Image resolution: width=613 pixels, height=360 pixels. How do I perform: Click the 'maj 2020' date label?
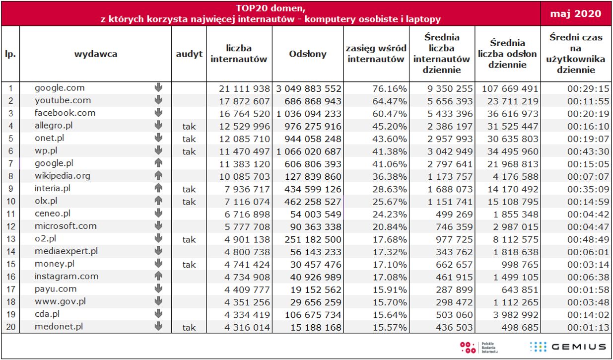coord(576,13)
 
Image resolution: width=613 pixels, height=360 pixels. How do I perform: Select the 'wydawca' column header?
coord(96,54)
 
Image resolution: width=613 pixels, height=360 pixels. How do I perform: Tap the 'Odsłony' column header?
coord(308,54)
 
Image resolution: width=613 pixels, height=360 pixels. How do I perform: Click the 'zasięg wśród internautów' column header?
coord(376,54)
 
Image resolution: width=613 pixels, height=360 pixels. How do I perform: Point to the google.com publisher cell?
coord(60,88)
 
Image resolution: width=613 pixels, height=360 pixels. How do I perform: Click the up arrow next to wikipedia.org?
coord(158,175)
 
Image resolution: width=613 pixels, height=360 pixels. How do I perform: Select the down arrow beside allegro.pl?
coord(158,125)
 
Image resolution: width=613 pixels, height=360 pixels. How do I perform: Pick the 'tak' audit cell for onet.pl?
coord(189,139)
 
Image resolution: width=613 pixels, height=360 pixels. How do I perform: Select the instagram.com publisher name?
coord(67,276)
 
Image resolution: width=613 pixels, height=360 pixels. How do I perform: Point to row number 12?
coord(10,227)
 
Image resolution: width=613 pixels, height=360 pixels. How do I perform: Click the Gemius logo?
coord(567,347)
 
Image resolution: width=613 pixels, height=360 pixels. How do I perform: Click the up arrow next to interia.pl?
coord(158,188)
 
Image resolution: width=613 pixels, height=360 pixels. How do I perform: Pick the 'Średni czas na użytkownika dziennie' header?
coord(576,54)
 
